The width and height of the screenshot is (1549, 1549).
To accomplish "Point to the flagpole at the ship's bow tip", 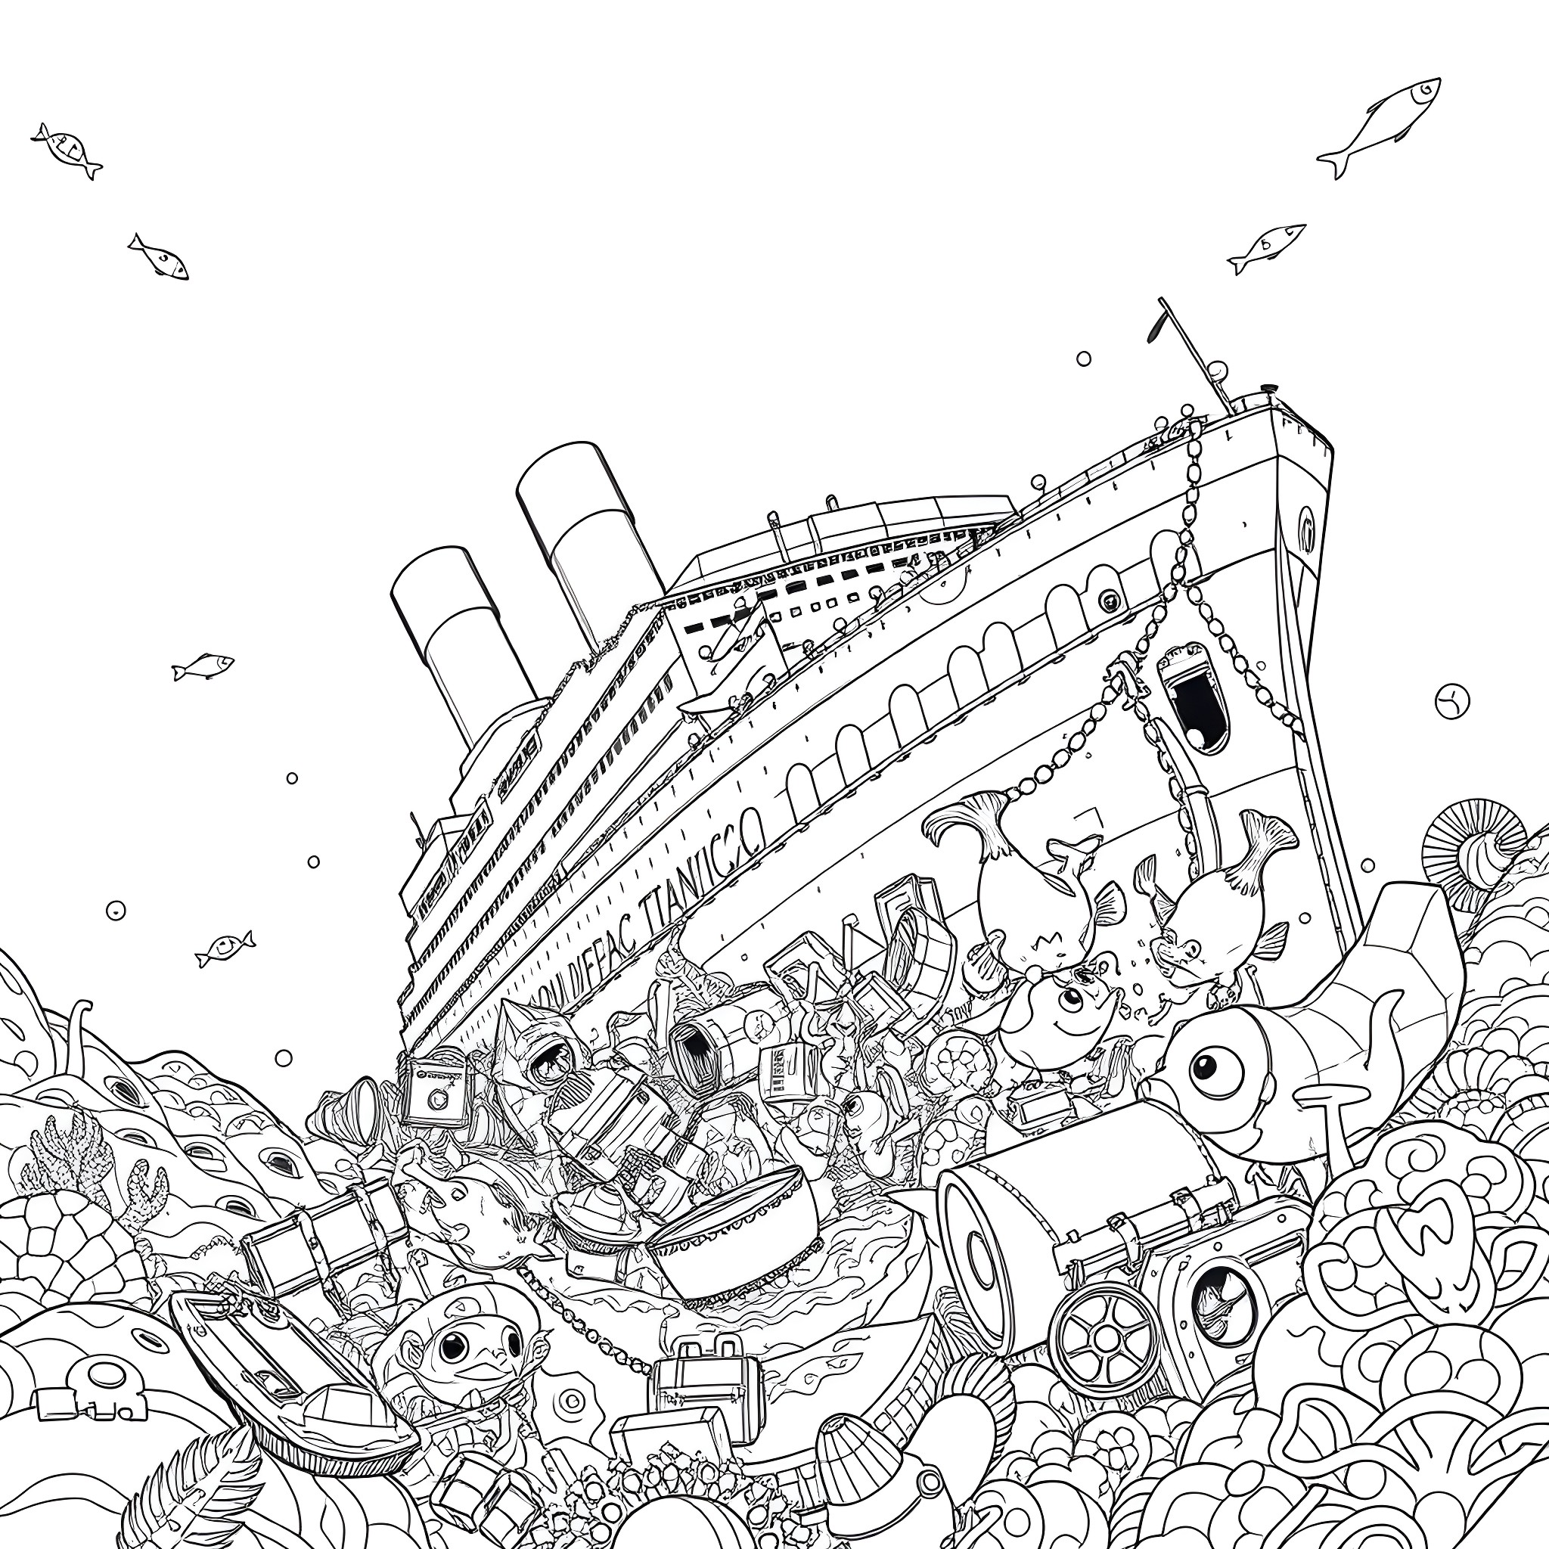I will coord(1194,352).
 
